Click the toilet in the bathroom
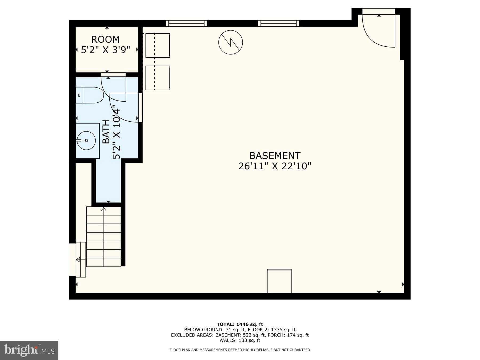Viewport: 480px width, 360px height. [90, 95]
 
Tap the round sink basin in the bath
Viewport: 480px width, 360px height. [86, 141]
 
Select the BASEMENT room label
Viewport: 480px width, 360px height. [275, 155]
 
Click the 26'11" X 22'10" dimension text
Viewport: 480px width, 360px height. [275, 166]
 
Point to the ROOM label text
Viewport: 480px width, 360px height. [106, 39]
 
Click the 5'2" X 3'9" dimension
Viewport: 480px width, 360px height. [106, 50]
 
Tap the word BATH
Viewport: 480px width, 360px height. [106, 132]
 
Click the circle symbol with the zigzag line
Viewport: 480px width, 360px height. [231, 42]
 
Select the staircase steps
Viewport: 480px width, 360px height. [104, 237]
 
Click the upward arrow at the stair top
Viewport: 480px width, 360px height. [104, 209]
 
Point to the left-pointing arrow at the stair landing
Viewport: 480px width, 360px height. [78, 259]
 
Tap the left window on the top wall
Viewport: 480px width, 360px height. [186, 23]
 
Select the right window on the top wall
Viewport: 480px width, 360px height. [279, 23]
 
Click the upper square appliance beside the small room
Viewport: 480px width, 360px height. [158, 45]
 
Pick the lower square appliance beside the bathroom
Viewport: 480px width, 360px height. [158, 78]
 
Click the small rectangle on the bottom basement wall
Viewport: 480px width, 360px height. [279, 281]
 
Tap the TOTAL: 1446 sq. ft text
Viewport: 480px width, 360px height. [240, 324]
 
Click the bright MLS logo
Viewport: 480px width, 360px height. [29, 350]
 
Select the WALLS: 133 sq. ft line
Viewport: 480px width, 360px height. [240, 340]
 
